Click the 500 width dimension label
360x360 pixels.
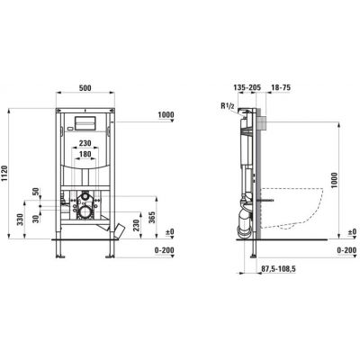pyautogui.click(x=85, y=88)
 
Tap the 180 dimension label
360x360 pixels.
pyautogui.click(x=85, y=154)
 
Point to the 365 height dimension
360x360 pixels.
pyautogui.click(x=152, y=218)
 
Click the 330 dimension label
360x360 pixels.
pyautogui.click(x=20, y=220)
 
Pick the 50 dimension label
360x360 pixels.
pyautogui.click(x=36, y=192)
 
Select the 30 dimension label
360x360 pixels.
pyautogui.click(x=36, y=219)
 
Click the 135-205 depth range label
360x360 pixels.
pyautogui.click(x=247, y=87)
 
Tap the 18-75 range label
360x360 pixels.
pyautogui.click(x=281, y=87)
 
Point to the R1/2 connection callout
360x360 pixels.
pyautogui.click(x=227, y=105)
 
